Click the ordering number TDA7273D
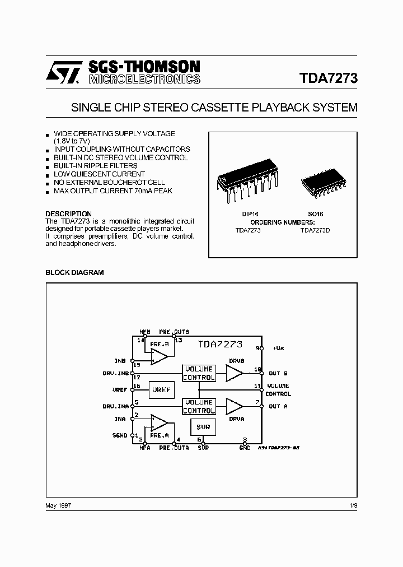315,230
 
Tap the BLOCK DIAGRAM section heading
74,272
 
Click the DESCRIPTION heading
68,213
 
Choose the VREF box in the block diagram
161,389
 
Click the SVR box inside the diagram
203,427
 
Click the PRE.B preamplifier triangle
160,356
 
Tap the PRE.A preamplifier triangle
160,422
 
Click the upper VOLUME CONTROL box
199,373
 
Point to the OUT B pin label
278,373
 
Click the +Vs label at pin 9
278,348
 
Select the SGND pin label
120,435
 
